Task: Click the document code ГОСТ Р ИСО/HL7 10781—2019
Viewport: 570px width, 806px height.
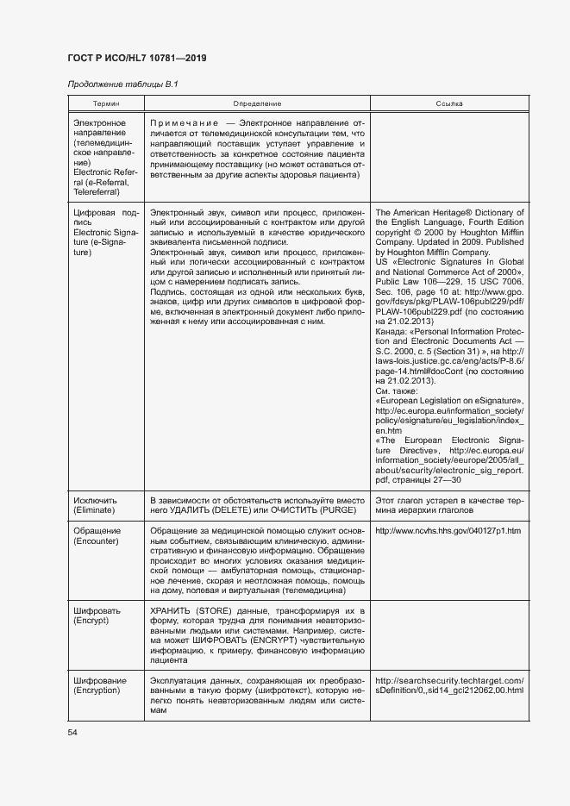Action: (x=137, y=59)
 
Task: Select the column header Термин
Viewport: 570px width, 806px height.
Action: (x=106, y=103)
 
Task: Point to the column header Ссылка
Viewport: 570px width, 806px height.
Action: (x=449, y=103)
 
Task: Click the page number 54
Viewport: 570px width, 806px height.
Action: (x=73, y=732)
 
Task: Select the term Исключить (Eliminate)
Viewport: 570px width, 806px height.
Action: (x=95, y=505)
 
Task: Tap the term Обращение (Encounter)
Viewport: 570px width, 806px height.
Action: (x=97, y=535)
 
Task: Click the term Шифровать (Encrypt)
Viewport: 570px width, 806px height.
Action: (x=97, y=615)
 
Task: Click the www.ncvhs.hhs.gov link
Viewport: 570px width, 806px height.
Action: (x=448, y=530)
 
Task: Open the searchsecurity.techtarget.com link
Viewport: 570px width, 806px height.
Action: (x=449, y=684)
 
